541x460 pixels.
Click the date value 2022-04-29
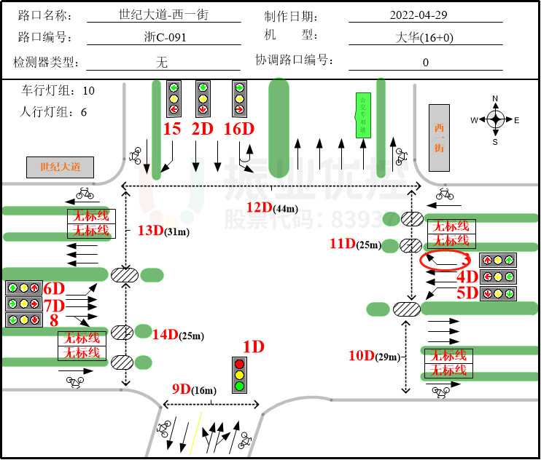tap(419, 15)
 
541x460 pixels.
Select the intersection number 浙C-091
tap(163, 38)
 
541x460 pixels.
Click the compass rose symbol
tap(495, 119)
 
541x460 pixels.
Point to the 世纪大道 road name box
tap(61, 167)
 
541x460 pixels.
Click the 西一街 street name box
tap(439, 138)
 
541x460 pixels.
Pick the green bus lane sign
tap(362, 115)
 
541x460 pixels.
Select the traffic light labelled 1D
tap(239, 374)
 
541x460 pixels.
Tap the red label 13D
tap(150, 231)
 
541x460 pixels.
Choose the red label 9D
tap(181, 389)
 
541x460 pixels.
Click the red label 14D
tap(165, 334)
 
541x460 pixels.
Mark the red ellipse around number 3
tap(445, 260)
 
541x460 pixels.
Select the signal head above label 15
tap(174, 98)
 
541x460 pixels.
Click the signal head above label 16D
tap(239, 98)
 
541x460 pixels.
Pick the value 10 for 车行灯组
tap(88, 91)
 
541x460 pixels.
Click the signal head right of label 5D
tap(498, 293)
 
